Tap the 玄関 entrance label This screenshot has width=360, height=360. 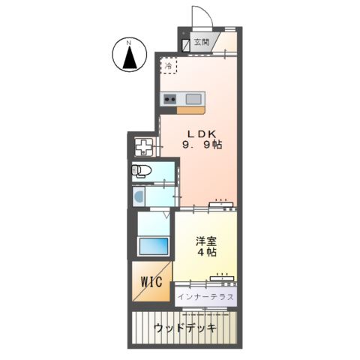tap(201, 43)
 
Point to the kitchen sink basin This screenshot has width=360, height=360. tap(193, 97)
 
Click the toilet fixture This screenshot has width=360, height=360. tap(142, 171)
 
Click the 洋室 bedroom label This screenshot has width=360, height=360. tap(207, 241)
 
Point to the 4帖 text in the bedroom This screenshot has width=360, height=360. tap(207, 253)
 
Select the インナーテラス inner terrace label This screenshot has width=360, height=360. tap(207, 297)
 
